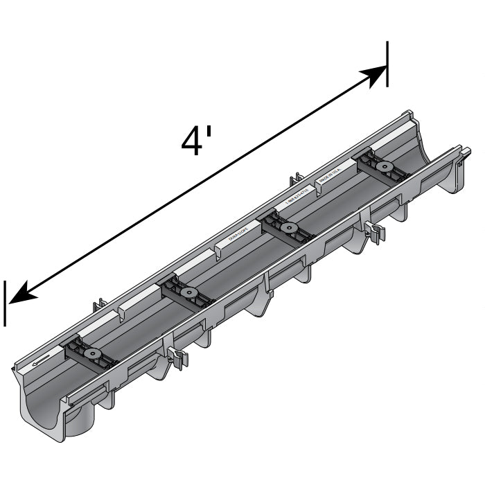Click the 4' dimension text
coord(196,141)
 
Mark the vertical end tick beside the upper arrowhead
coord(387,64)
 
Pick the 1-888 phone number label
coord(297,200)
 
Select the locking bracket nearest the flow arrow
coord(91,355)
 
